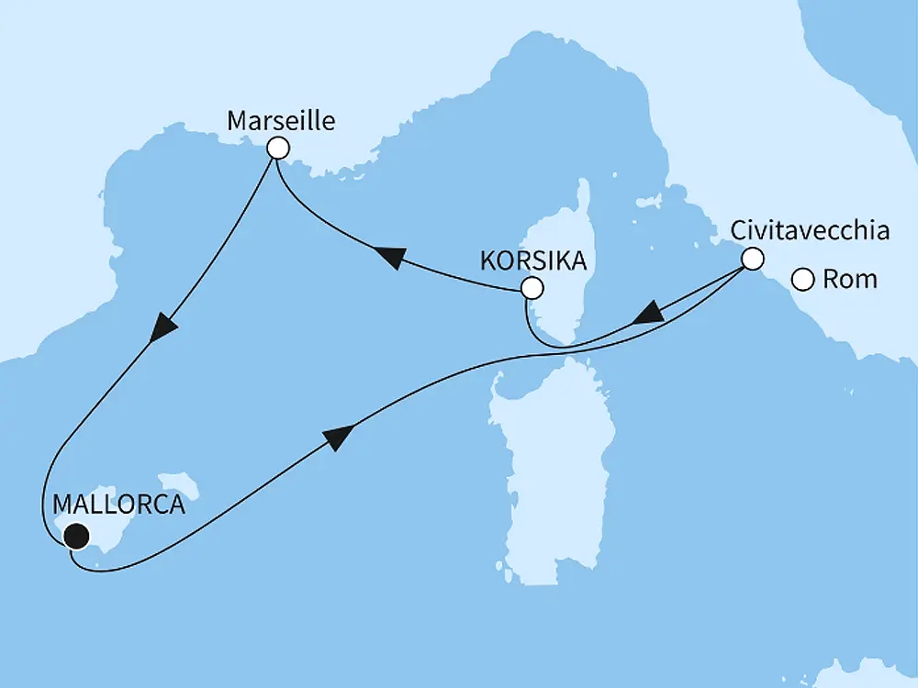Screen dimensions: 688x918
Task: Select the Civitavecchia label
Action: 809,231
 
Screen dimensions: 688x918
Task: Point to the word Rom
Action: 849,280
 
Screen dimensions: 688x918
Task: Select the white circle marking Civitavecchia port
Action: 752,259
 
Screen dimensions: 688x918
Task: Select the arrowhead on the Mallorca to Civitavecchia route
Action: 338,438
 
